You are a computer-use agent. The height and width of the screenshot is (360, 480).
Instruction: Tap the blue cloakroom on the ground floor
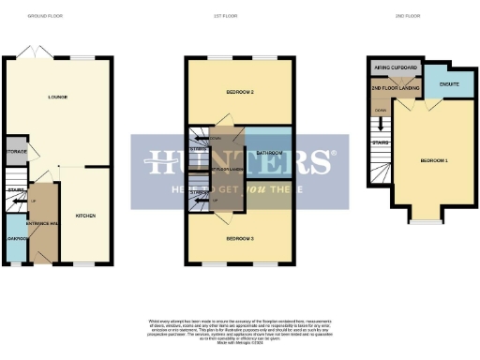click(x=15, y=238)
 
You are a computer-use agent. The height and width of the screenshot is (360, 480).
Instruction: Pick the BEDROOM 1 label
click(x=433, y=160)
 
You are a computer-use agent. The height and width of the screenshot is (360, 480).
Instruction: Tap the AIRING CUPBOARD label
click(x=394, y=68)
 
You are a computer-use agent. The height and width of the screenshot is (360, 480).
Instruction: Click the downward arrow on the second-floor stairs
click(x=380, y=124)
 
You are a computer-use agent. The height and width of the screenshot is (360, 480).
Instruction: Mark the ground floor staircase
click(x=16, y=184)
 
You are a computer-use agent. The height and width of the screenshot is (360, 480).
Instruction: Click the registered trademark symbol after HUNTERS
click(x=330, y=155)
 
